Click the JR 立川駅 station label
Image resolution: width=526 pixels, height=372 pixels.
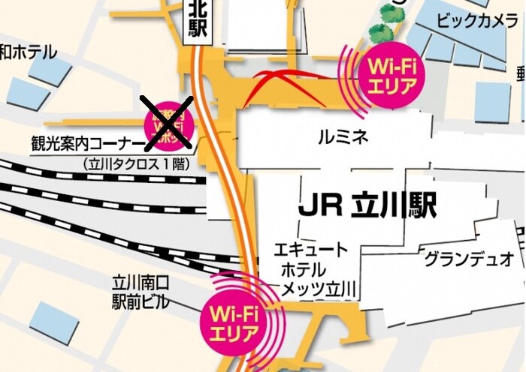367,205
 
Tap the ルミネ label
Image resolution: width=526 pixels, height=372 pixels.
343,137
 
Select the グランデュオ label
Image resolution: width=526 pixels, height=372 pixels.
469,259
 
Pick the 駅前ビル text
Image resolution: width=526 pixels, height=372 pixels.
141,302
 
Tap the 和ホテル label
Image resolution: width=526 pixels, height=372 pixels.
29,52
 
